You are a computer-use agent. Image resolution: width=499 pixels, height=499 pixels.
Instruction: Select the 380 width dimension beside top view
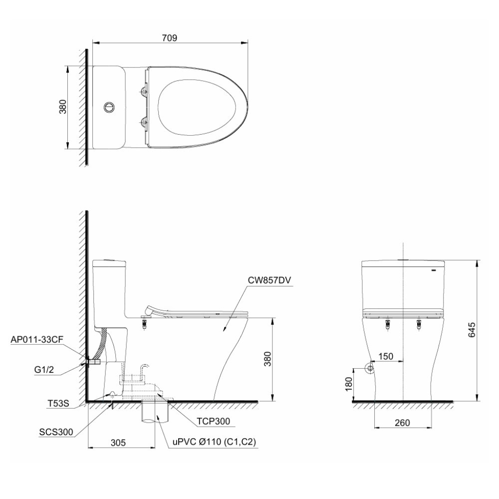(63, 107)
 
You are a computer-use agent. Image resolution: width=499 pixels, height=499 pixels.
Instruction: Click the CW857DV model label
(269, 280)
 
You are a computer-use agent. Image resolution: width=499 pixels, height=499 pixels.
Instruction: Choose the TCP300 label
(214, 421)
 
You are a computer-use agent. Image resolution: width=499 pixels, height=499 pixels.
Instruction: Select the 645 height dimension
(472, 330)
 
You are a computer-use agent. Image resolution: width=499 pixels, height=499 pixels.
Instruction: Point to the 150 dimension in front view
(386, 356)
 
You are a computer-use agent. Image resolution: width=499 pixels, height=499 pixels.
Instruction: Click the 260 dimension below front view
(402, 422)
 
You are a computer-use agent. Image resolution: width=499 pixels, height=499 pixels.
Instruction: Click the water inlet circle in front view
(370, 369)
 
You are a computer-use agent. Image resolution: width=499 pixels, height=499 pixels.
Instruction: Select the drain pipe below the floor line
(156, 412)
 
